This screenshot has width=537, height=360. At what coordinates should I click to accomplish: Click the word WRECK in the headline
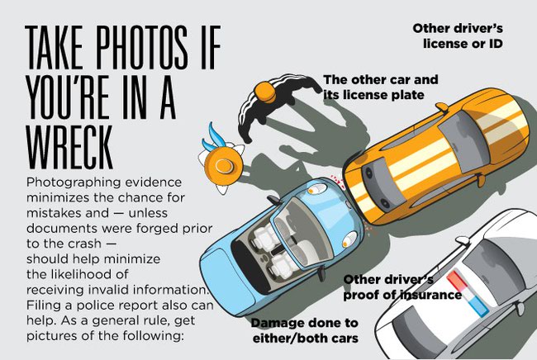[69, 148]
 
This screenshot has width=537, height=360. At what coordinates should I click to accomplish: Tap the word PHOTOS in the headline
[142, 47]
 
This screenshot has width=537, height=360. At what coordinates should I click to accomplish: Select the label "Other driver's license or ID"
[459, 36]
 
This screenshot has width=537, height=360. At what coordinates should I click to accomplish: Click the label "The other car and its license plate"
[381, 87]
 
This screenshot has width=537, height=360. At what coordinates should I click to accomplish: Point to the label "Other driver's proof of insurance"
[402, 287]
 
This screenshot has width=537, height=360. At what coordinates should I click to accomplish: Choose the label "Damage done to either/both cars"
[305, 330]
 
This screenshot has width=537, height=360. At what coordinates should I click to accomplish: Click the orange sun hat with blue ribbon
[223, 163]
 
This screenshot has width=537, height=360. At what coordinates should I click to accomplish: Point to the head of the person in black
[265, 91]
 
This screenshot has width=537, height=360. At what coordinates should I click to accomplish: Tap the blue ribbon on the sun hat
[211, 138]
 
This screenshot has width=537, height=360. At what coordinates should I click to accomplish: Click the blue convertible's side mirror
[273, 199]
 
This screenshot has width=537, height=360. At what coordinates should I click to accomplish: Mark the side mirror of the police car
[463, 241]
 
